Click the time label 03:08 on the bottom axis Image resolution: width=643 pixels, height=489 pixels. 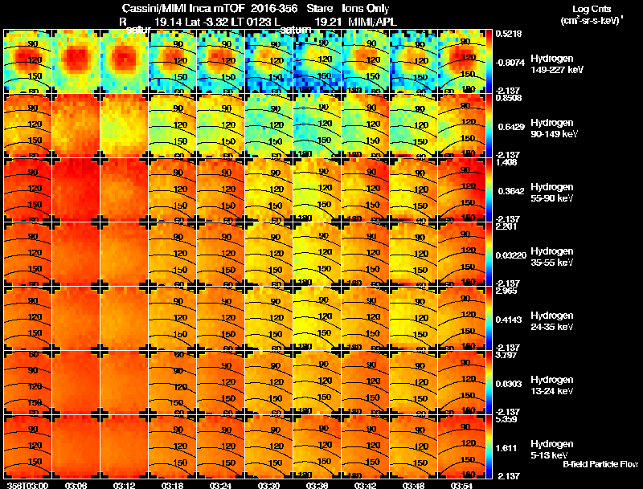(x=76, y=484)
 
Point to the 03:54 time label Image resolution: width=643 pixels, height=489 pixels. (x=462, y=484)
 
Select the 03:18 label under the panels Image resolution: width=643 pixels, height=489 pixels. (x=173, y=484)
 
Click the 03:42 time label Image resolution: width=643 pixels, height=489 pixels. (x=366, y=484)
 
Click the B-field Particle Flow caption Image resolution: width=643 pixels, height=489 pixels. (x=600, y=464)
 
